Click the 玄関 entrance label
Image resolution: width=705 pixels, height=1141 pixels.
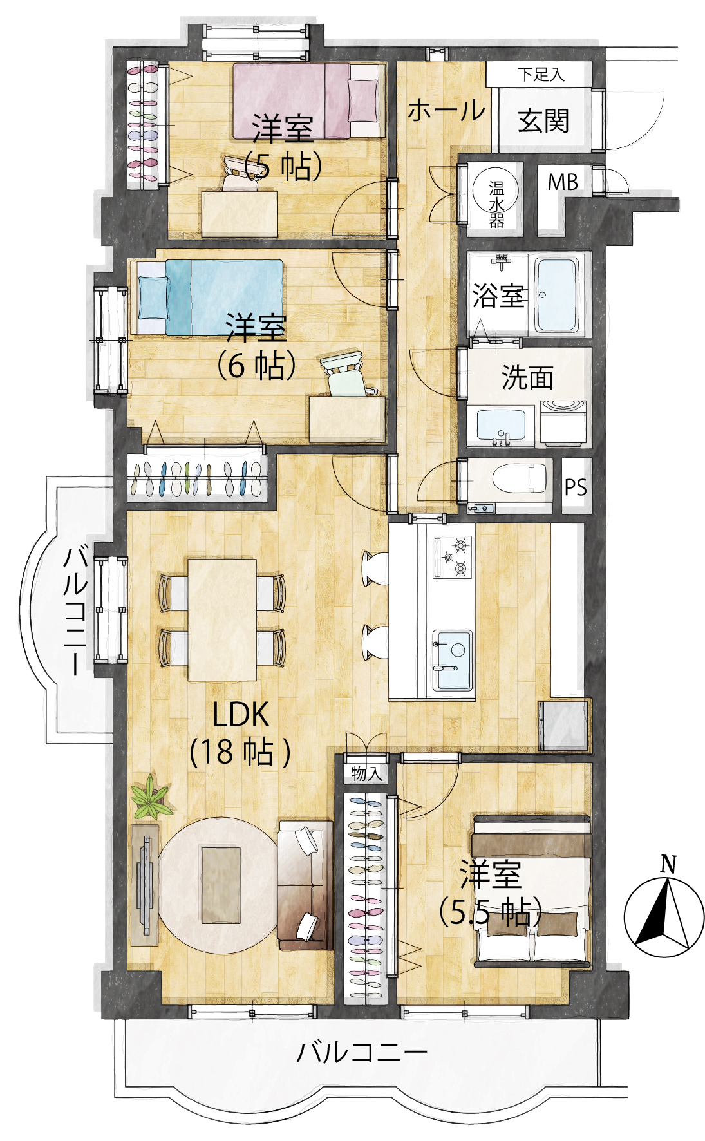(543, 120)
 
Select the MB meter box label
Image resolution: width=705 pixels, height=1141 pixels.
(563, 182)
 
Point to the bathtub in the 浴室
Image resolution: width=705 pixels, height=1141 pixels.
(557, 295)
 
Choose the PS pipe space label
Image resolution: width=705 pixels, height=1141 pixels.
(576, 487)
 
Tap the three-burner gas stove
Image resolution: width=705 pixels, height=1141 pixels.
(453, 557)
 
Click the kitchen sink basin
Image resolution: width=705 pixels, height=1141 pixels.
(453, 659)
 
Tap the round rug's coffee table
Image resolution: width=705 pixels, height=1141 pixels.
(221, 884)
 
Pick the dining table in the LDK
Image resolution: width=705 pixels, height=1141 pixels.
(222, 619)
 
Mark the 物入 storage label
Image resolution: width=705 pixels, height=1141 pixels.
(366, 773)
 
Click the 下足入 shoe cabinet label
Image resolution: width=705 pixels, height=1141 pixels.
(541, 74)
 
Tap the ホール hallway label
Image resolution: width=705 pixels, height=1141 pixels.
(446, 110)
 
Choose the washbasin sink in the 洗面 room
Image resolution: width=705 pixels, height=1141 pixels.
(501, 425)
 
